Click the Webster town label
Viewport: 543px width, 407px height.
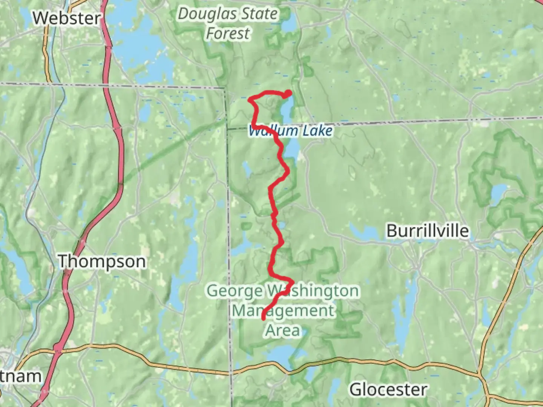pos(67,18)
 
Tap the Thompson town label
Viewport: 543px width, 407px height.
pos(102,261)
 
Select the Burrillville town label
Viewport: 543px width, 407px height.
pos(428,231)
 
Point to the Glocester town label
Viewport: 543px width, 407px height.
pos(388,389)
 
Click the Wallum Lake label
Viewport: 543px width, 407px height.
pos(291,131)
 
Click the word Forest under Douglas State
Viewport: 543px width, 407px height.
pos(228,33)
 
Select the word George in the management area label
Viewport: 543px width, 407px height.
pos(235,291)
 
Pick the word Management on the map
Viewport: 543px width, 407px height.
pos(282,311)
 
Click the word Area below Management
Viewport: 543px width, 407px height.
pos(282,330)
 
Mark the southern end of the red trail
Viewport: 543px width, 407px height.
pos(263,319)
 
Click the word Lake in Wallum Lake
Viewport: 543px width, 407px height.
pos(318,131)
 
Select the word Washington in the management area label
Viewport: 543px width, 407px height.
pos(313,291)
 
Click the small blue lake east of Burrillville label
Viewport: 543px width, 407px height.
pos(499,193)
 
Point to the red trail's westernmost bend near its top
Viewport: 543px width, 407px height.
pos(250,99)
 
